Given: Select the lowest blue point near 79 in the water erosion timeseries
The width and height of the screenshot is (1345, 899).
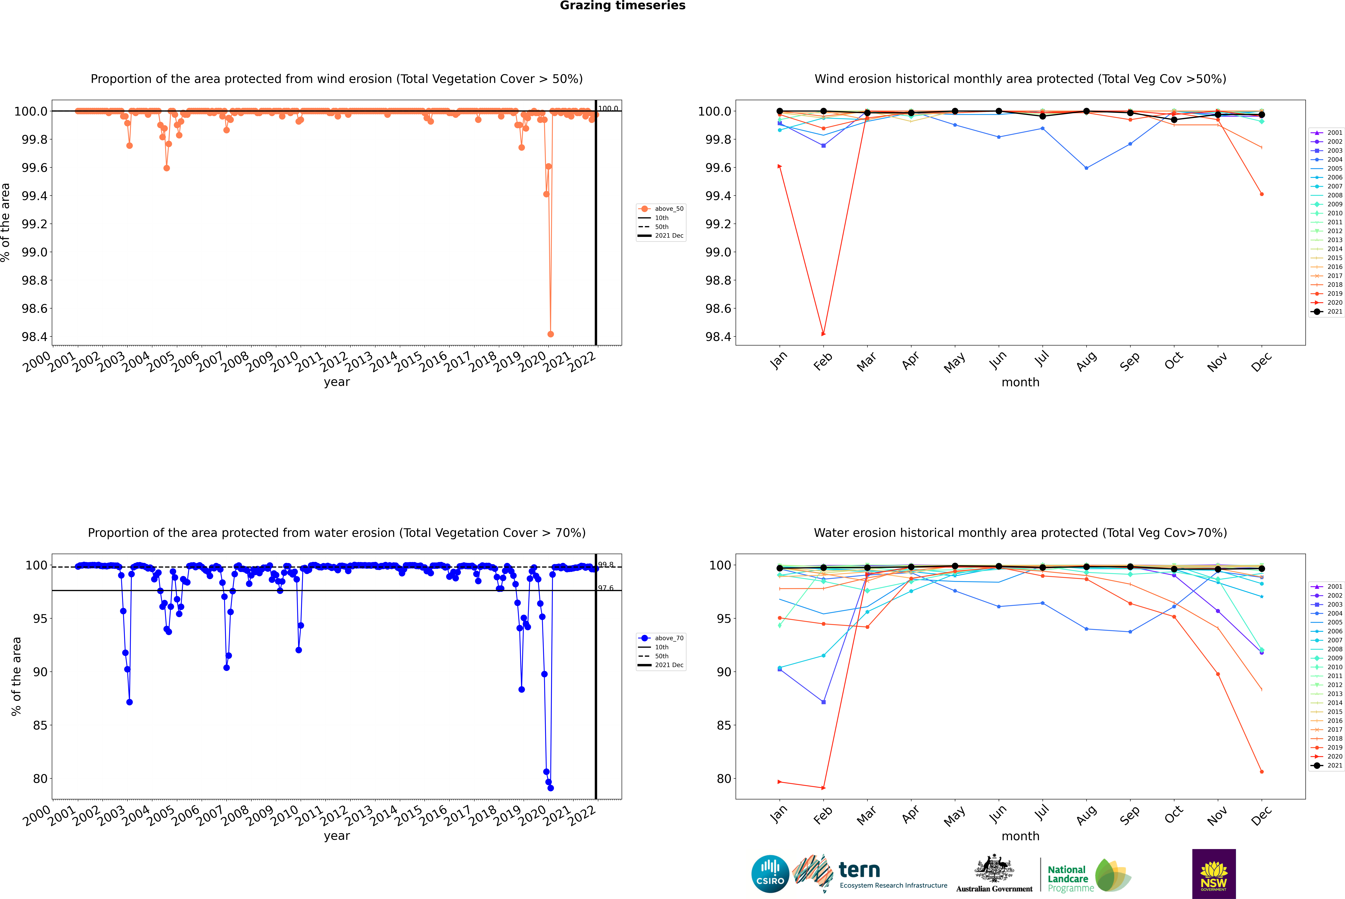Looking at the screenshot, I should coord(550,788).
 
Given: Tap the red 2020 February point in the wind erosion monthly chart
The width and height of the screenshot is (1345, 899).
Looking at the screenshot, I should coord(823,334).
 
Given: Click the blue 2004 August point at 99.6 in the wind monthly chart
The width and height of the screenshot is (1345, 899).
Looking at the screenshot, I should coord(1086,168).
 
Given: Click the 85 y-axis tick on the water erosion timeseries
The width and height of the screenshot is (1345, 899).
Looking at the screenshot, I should coord(40,725).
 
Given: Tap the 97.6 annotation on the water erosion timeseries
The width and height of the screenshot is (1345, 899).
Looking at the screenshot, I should coord(605,588).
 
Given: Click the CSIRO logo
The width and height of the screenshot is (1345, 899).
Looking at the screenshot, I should coord(770,874).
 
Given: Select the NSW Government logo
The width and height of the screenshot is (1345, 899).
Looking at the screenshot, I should coord(1214,874).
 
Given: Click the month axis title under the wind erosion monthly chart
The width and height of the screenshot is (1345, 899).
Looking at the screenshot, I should coord(1020,382).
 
